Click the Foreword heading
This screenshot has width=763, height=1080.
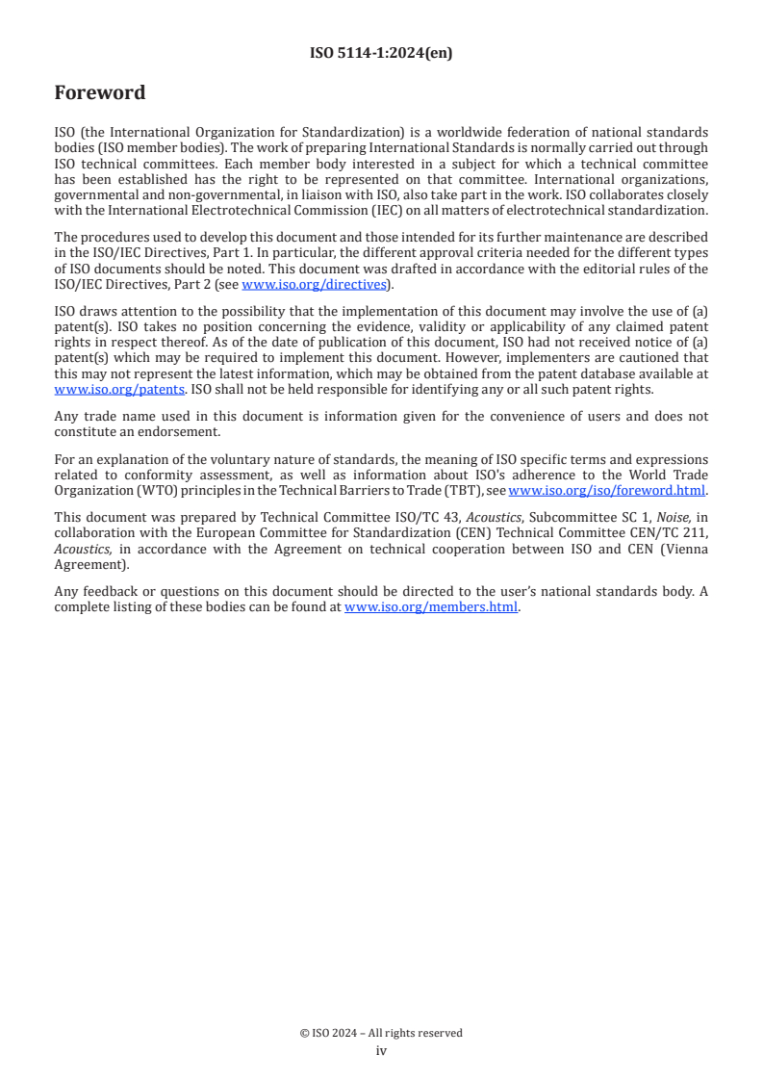pyautogui.click(x=100, y=92)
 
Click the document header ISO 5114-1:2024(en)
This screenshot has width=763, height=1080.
pyautogui.click(x=381, y=54)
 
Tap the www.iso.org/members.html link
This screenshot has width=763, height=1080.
pyautogui.click(x=431, y=607)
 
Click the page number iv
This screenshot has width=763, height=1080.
pyautogui.click(x=381, y=1050)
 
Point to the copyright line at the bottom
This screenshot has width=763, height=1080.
pyautogui.click(x=381, y=1033)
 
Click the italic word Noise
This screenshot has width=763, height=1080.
pyautogui.click(x=659, y=517)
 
